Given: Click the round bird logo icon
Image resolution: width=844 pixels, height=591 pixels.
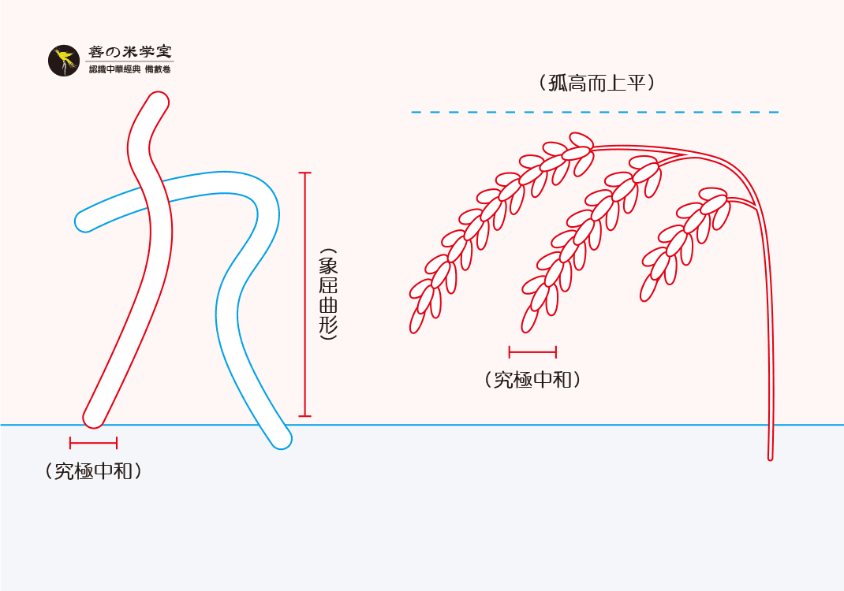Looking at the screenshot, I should [x=64, y=61].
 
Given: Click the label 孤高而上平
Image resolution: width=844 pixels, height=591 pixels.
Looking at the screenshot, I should [x=596, y=84].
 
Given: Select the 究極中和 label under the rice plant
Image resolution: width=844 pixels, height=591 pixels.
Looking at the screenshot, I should [x=532, y=380].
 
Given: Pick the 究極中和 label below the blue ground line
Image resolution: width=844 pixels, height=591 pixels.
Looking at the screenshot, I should [x=94, y=471].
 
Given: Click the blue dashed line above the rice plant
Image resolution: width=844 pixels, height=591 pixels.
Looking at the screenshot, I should [x=595, y=113].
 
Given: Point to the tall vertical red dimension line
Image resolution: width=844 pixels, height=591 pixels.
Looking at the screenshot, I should [x=305, y=294].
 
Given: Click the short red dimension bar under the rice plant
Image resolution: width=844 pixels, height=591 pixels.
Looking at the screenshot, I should [x=532, y=351].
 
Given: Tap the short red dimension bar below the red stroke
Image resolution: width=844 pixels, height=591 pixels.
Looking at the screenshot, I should [x=93, y=442].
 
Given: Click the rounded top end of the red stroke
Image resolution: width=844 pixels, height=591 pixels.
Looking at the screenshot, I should [x=158, y=102].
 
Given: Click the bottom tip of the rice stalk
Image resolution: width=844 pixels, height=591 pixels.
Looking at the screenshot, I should [x=770, y=455].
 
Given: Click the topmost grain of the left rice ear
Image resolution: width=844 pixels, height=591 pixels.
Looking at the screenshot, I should [x=581, y=140].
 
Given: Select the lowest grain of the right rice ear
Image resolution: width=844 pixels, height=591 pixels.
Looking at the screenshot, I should [x=648, y=288].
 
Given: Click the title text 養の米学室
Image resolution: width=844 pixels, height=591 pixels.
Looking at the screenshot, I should [x=129, y=52].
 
